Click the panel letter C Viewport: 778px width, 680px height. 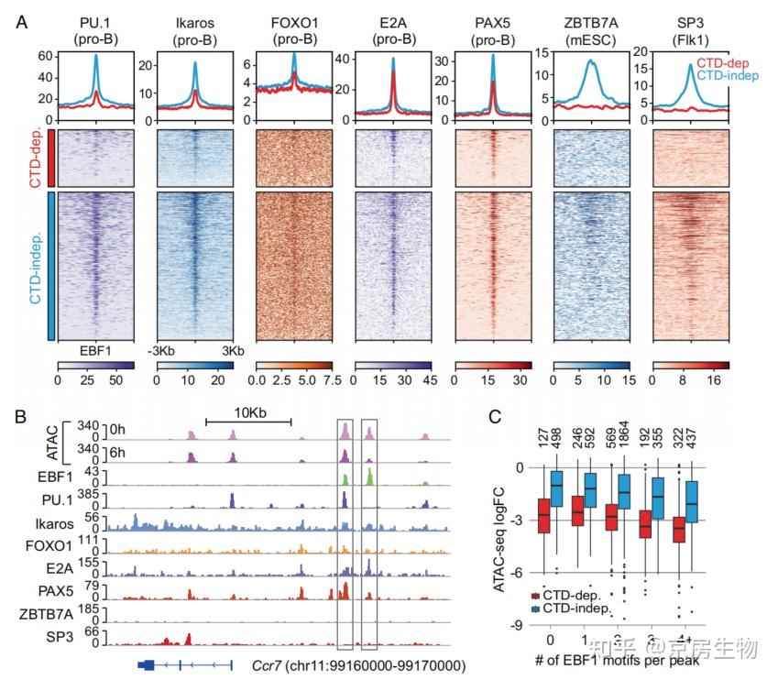[x=496, y=416]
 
